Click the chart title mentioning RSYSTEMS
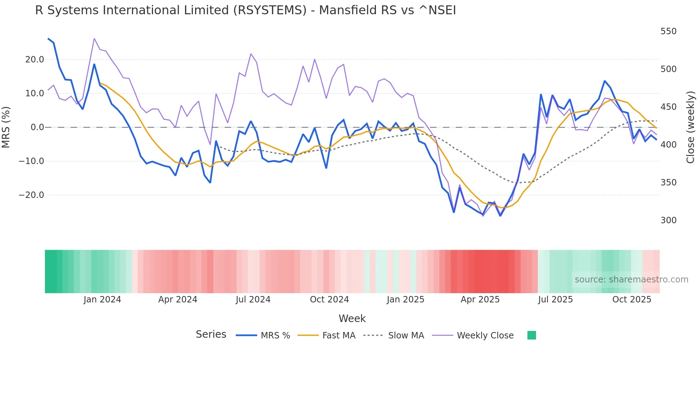point(245,10)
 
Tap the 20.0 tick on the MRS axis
point(35,60)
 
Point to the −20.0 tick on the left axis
point(31,195)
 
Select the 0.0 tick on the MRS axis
point(37,127)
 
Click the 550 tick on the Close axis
point(668,31)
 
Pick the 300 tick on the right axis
point(668,220)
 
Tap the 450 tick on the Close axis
point(668,107)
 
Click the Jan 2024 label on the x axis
point(102,300)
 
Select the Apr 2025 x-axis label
point(480,300)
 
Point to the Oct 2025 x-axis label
point(632,300)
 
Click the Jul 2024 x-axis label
point(253,300)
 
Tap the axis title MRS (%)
point(6,127)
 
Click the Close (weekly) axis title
point(690,127)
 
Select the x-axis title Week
point(352,318)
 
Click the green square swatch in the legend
point(531,335)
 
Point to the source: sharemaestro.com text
point(631,280)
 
